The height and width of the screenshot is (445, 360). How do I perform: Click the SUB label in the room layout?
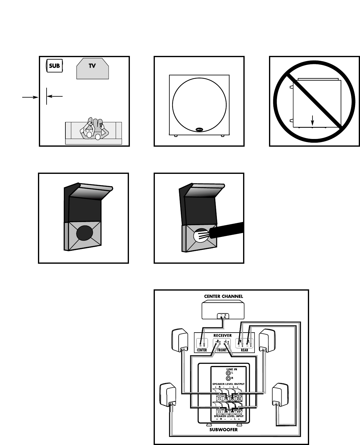pos(54,66)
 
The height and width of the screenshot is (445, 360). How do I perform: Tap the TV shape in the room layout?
pos(92,68)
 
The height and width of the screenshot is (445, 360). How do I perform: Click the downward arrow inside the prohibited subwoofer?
pos(313,121)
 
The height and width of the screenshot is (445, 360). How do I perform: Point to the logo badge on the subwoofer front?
pos(199,130)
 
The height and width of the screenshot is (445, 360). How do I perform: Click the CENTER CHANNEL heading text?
pos(223,296)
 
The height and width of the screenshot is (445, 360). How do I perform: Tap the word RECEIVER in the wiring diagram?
pos(223,335)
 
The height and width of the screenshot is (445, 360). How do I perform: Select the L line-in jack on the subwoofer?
pos(228,373)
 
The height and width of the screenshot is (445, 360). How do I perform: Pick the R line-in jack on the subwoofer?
pos(228,378)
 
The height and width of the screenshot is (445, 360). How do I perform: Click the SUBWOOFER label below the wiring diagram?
pos(224,430)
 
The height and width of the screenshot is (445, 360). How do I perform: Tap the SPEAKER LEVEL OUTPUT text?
pos(228,384)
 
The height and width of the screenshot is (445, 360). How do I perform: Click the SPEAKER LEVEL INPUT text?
pos(228,416)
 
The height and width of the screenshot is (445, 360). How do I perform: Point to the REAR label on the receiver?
pos(244,350)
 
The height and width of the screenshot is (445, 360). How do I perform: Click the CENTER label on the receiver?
pos(202,350)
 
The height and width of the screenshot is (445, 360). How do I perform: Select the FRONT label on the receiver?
pos(222,350)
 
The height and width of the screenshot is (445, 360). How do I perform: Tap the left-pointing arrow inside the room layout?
pos(56,96)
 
